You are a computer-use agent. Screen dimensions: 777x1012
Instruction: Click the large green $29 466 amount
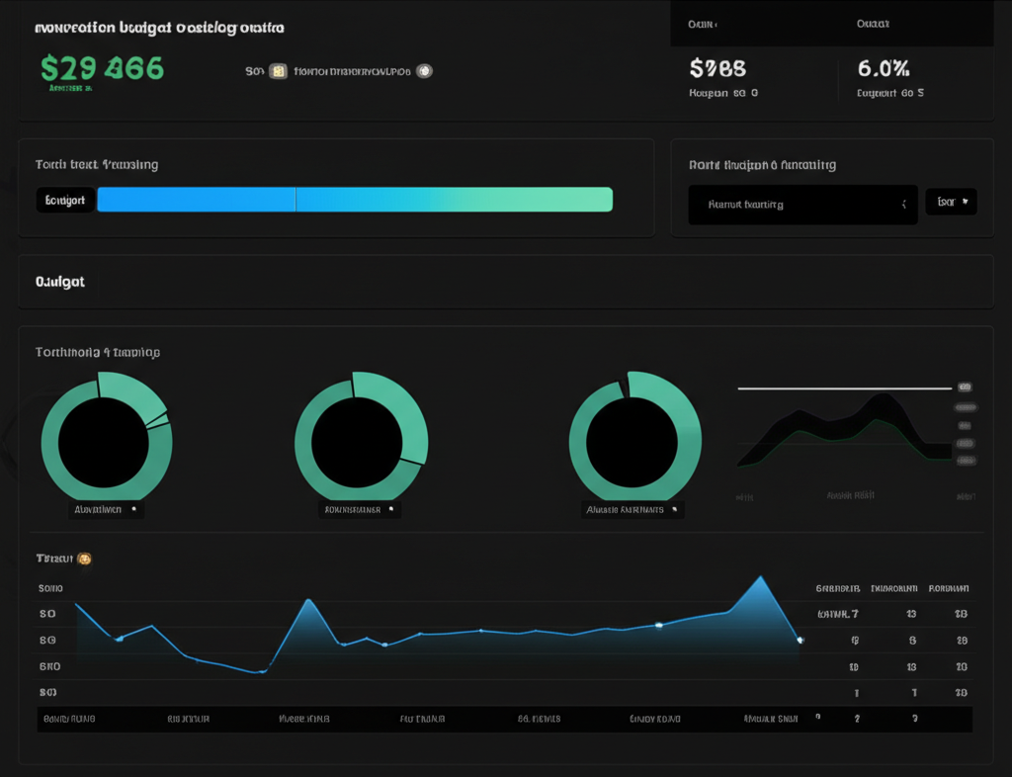click(x=102, y=68)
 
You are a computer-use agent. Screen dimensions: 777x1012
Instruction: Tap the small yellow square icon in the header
click(x=278, y=71)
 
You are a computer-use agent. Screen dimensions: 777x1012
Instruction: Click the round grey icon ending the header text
click(x=424, y=71)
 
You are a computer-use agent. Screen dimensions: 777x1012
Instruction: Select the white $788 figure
click(x=717, y=68)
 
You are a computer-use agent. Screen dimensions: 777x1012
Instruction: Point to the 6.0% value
click(x=884, y=68)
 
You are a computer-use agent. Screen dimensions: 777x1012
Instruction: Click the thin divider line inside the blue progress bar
click(x=295, y=200)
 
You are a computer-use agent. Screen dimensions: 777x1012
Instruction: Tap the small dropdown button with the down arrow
click(x=951, y=203)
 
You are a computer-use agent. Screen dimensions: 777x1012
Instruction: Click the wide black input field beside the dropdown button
click(x=802, y=205)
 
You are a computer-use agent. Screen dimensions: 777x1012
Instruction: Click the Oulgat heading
click(x=60, y=282)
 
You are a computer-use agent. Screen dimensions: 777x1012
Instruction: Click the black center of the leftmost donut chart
click(x=104, y=443)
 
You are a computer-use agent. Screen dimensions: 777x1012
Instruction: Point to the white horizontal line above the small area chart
click(x=845, y=388)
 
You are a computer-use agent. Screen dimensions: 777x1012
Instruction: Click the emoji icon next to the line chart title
click(x=85, y=560)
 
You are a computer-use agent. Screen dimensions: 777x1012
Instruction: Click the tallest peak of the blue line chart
click(x=760, y=577)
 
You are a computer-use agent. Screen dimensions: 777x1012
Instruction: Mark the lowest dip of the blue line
click(x=262, y=672)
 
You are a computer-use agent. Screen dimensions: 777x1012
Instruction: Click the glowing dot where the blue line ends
click(x=800, y=641)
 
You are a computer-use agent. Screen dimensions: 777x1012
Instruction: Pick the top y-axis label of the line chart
click(x=49, y=588)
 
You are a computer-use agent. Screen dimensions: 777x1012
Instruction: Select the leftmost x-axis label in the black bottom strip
click(x=69, y=720)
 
